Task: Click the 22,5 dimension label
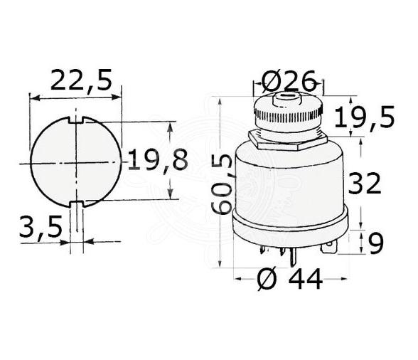point(80,80)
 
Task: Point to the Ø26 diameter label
point(288,83)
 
